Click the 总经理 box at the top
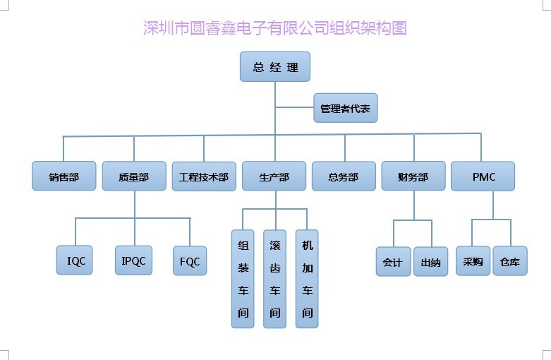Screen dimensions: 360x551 coord(275,68)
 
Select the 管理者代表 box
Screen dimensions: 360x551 coord(345,109)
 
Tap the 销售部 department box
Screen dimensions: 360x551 coord(63,176)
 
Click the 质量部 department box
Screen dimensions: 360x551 coord(134,176)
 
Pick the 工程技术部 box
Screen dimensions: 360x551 coord(204,176)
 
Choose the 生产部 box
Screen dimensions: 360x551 coord(274,176)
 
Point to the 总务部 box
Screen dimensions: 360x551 coord(344,176)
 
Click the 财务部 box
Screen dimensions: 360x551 coord(413,176)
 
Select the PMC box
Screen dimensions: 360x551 coord(483,176)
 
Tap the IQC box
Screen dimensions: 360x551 coord(75,260)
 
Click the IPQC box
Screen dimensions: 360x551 coord(133,260)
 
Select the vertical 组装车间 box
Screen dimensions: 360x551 coord(243,279)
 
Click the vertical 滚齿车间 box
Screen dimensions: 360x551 coord(275,279)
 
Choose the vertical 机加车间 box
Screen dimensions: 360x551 coord(307,279)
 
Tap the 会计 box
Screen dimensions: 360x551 coord(393,262)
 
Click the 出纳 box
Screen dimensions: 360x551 coord(430,262)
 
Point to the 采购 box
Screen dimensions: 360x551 coord(473,261)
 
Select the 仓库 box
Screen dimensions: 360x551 coord(509,261)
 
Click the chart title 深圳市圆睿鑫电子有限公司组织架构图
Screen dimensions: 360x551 coord(275,29)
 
